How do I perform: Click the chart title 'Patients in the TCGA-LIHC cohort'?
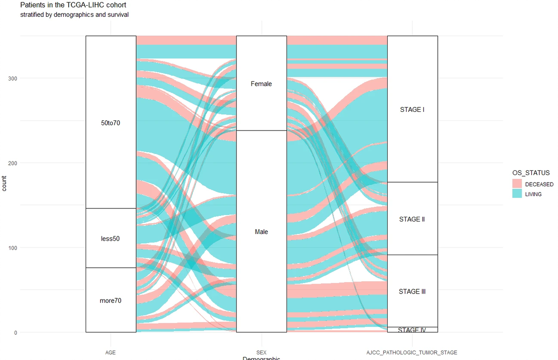pos(73,5)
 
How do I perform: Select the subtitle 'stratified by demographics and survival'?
pos(74,15)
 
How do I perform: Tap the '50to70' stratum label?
pos(110,123)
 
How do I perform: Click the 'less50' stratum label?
pos(110,239)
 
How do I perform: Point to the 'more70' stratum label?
pos(110,301)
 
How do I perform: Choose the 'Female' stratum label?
pos(261,84)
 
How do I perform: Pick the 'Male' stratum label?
pos(261,232)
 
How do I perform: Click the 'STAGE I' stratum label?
pos(412,110)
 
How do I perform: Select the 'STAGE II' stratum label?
pos(412,219)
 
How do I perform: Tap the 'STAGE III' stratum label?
pos(412,292)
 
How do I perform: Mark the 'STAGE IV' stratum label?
pos(412,330)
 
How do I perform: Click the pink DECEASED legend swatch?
pos(517,184)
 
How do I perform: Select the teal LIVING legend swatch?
pos(517,194)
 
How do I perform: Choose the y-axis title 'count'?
pos(4,184)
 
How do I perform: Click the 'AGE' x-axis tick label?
pos(110,353)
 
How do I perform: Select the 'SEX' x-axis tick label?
pos(261,353)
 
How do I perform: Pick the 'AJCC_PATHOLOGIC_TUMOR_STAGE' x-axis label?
pos(412,353)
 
